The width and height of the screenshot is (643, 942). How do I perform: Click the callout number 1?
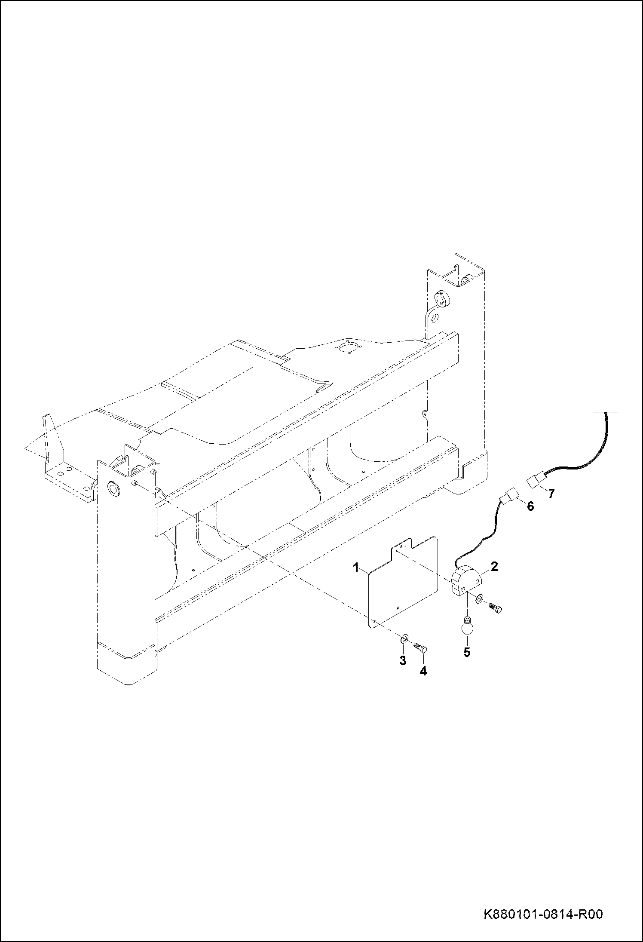[356, 568]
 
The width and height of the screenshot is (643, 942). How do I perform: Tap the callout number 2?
[494, 566]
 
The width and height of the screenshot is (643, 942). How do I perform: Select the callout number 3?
[403, 661]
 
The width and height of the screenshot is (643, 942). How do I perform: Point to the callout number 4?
[423, 671]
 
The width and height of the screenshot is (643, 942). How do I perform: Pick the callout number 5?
[467, 652]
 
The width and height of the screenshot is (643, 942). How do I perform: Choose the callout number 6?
[530, 506]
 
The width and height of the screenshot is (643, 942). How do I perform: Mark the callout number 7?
[551, 494]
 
